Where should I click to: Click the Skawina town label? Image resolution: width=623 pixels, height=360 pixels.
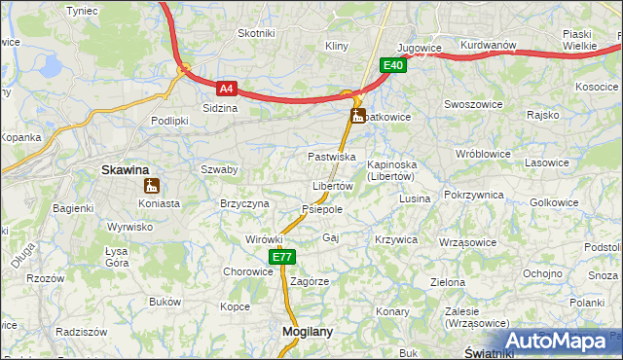click(126, 169)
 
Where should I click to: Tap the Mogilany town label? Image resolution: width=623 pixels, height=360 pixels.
click(307, 331)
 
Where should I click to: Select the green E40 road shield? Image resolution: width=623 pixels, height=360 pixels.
click(392, 65)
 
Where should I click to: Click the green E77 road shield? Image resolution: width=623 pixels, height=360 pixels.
click(281, 257)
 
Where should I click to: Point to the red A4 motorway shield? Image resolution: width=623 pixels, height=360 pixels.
click(226, 88)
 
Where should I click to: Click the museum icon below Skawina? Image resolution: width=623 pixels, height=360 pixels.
click(150, 186)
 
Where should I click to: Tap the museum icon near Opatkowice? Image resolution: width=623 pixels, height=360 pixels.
click(358, 117)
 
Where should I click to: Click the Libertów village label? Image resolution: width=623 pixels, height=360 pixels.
click(332, 186)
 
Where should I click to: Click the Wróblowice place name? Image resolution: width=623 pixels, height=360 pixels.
click(484, 154)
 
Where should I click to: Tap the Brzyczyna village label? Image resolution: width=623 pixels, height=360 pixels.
click(244, 203)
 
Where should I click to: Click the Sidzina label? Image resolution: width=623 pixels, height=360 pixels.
click(219, 108)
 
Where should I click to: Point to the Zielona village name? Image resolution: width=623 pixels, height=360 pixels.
click(448, 282)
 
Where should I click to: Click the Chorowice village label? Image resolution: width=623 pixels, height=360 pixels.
click(248, 272)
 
